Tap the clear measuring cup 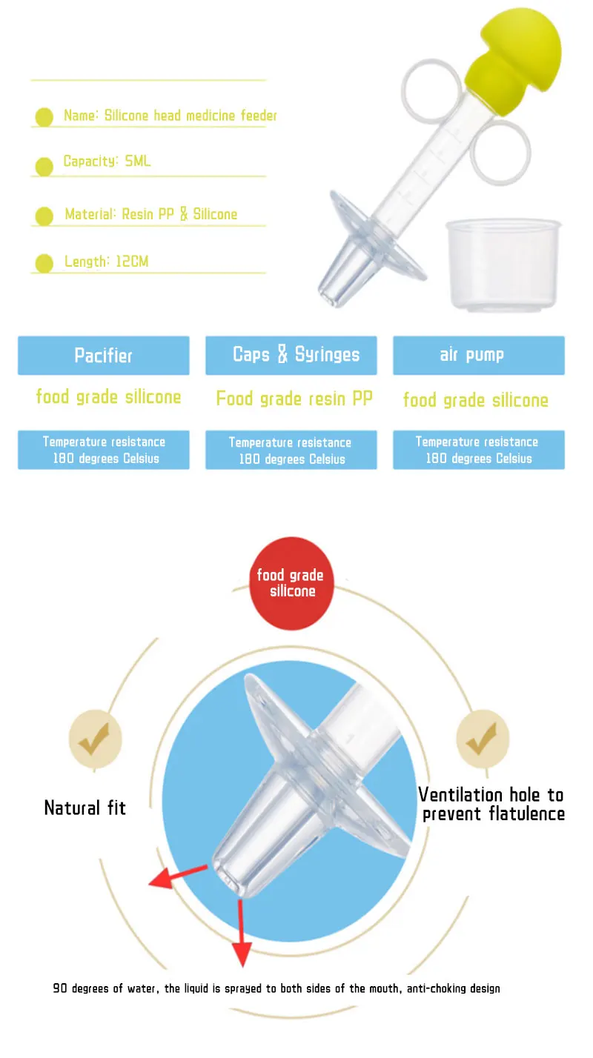point(504,264)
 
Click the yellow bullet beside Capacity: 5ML point(44,167)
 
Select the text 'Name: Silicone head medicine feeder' point(170,116)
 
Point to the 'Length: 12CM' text point(106,262)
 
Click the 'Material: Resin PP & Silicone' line point(150,214)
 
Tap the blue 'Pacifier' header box point(104,355)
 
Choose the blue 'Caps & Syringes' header point(291,355)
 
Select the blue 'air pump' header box point(479,355)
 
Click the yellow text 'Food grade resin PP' point(294,399)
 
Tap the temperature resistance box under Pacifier point(104,450)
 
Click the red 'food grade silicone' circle point(291,583)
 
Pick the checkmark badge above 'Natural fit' point(96,739)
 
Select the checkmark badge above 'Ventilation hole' point(483,739)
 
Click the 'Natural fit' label point(85,808)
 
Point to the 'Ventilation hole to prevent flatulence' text point(491,805)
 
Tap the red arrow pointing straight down point(242,934)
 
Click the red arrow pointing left point(178,876)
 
